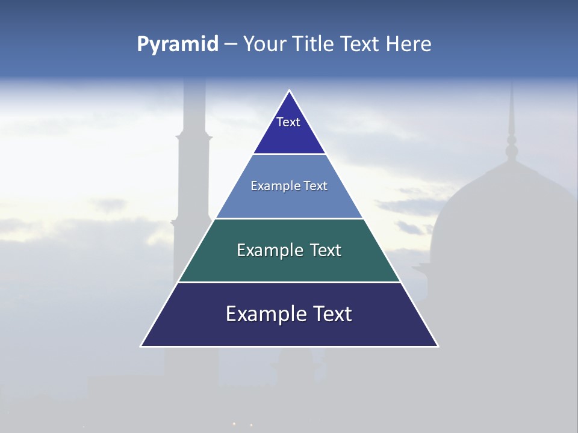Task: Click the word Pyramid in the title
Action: (177, 44)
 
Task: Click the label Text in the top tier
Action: (288, 122)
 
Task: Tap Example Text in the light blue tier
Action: (289, 186)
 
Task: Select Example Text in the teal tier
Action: (289, 250)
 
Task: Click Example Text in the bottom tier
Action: (289, 314)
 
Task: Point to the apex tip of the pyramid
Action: (289, 91)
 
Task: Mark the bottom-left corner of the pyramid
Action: (141, 346)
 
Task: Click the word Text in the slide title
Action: (361, 44)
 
